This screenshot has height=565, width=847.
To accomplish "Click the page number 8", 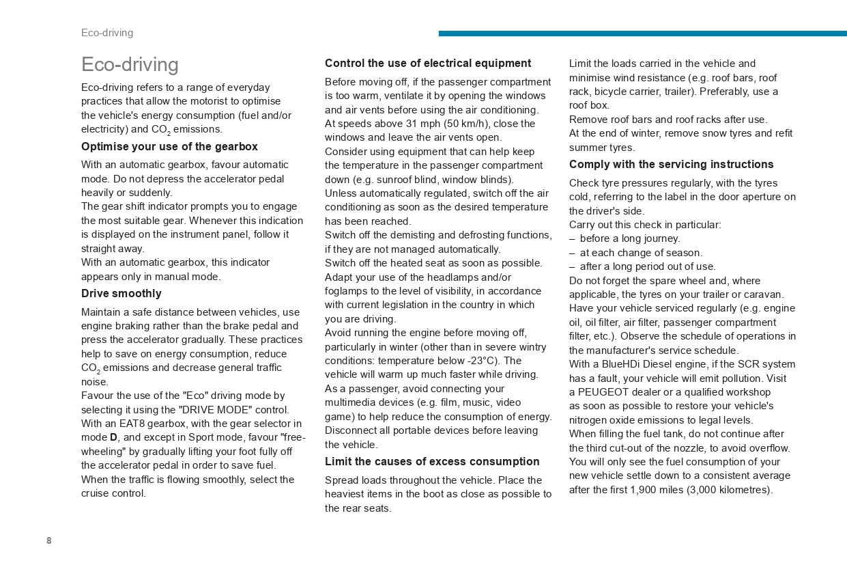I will (49, 540).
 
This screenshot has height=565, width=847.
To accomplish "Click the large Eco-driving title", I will (130, 64).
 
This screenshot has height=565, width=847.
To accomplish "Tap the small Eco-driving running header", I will (107, 33).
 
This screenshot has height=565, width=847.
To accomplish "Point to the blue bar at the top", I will (642, 33).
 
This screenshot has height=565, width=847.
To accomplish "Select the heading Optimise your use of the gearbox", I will (169, 146).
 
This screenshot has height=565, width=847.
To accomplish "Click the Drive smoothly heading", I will (121, 293).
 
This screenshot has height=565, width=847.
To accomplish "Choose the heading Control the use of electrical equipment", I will (427, 63).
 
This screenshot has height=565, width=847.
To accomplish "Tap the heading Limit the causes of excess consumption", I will (432, 461).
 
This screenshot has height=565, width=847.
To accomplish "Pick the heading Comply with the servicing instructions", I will (671, 164).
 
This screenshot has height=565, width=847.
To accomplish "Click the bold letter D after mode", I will (114, 437).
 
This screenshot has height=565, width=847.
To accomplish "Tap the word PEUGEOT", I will (601, 392).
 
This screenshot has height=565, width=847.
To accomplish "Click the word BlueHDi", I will (618, 364).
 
